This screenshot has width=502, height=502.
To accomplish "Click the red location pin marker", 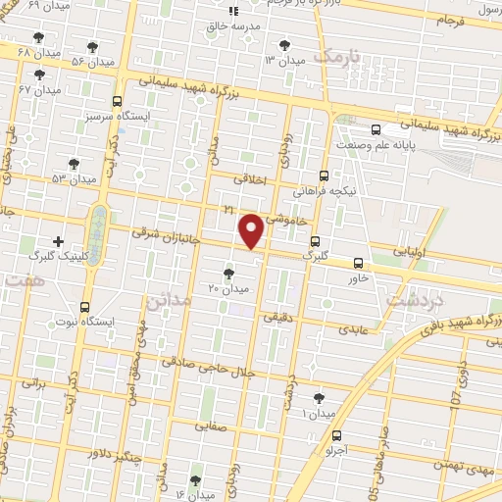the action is pos(252,231).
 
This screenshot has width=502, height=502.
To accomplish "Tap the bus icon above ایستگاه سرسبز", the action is pos(118,101).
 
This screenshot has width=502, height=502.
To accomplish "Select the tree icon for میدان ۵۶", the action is pos(92,46).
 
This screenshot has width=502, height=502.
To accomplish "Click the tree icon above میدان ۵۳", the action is pos(75,164).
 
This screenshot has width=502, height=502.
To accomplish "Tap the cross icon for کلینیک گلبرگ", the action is pos(58,240).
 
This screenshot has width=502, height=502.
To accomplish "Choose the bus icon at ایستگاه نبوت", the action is pos(85,306).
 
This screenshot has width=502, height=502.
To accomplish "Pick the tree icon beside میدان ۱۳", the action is pos(284,44).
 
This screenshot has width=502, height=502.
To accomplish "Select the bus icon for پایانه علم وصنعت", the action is pos(376,128).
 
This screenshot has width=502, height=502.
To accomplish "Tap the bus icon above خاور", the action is pos(359,263).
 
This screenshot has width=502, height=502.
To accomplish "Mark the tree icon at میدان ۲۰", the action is pos(228,274).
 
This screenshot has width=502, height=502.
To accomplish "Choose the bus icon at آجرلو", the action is pos(337,436).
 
